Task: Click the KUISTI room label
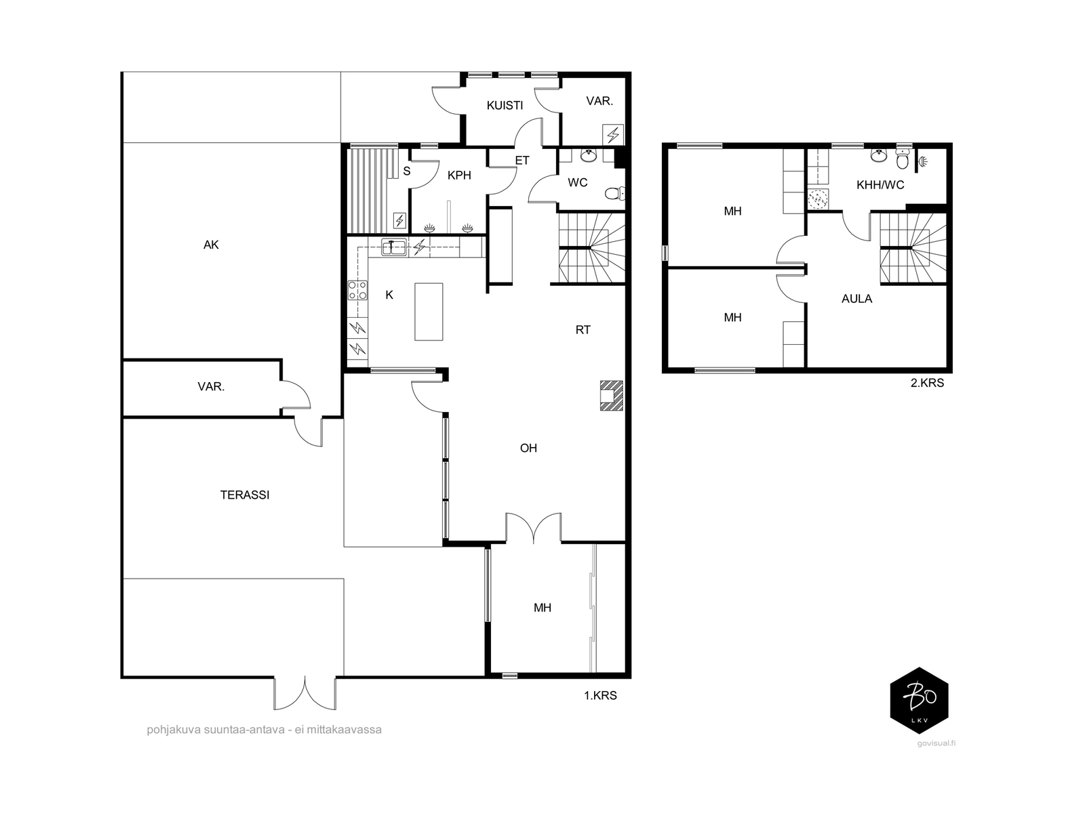[505, 105]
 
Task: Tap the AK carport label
[211, 245]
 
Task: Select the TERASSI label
[245, 495]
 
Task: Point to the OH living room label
[528, 449]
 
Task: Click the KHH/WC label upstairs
[880, 185]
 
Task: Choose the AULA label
[856, 299]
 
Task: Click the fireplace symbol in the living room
[612, 396]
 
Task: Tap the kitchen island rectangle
[429, 312]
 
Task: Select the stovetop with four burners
[357, 290]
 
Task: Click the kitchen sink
[394, 247]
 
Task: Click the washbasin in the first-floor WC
[588, 156]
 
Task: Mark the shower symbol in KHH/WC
[922, 161]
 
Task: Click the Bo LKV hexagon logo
[919, 701]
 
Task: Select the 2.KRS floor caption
[927, 383]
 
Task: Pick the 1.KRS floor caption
[600, 696]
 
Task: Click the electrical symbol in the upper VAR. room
[613, 134]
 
